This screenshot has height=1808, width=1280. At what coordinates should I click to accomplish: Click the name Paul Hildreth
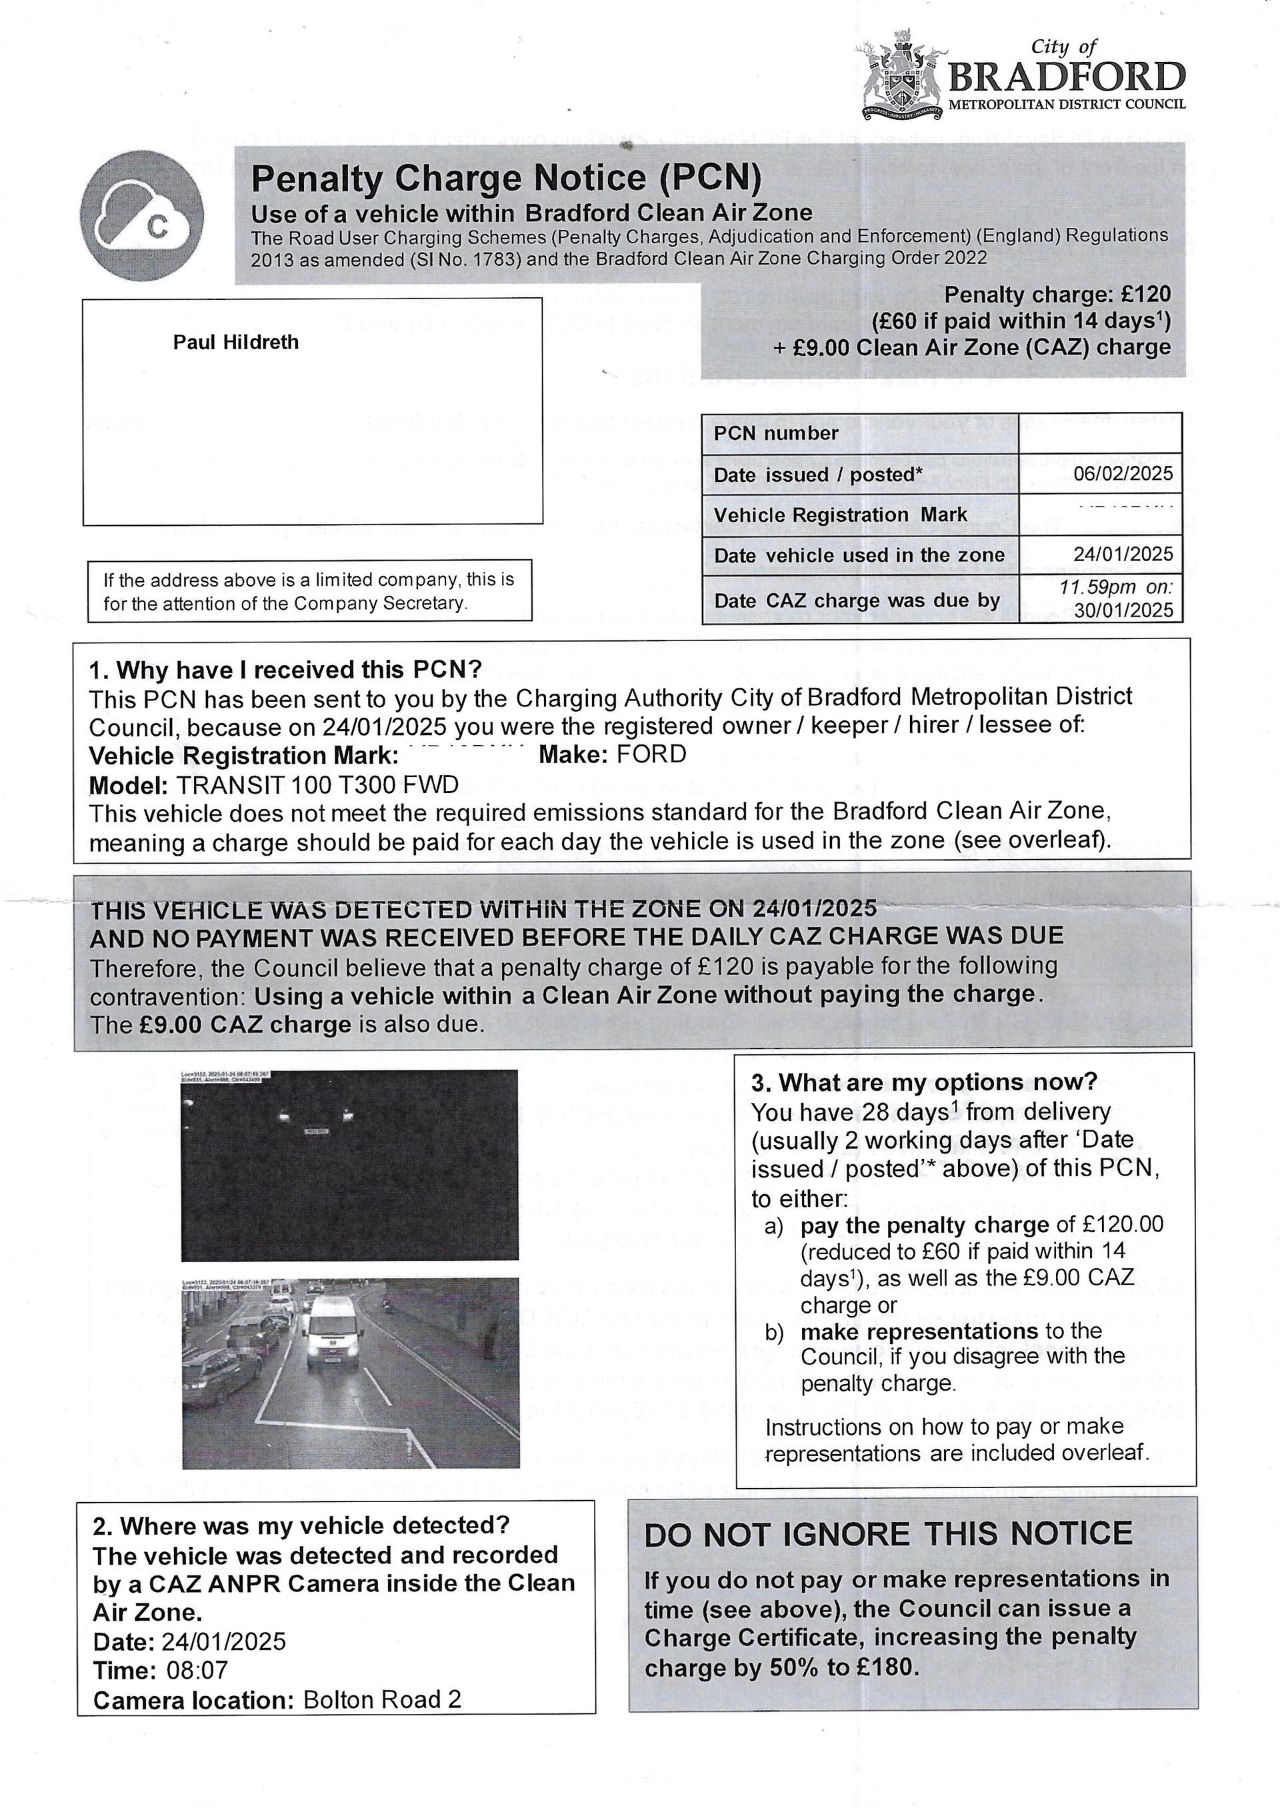click(235, 342)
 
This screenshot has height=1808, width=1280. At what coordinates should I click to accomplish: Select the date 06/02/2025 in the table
click(1123, 472)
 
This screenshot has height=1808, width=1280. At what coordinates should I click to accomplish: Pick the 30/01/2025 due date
click(1123, 610)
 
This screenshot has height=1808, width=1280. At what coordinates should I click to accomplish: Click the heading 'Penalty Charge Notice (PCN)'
click(506, 178)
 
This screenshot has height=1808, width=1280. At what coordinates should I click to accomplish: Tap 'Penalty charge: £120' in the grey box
click(1057, 295)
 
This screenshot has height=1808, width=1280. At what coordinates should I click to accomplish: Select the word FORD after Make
click(651, 754)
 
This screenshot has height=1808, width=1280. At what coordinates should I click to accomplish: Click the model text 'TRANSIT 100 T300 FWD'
click(317, 784)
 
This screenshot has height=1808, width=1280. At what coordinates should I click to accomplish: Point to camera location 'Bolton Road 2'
click(382, 1699)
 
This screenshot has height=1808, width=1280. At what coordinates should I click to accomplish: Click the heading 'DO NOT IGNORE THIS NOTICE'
click(888, 1534)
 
